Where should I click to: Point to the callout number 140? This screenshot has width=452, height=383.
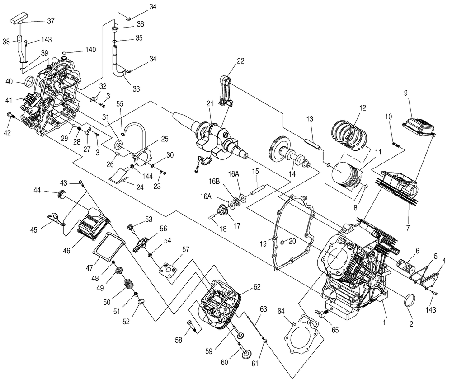pos(90,50)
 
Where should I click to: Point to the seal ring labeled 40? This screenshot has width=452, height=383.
pos(30,83)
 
